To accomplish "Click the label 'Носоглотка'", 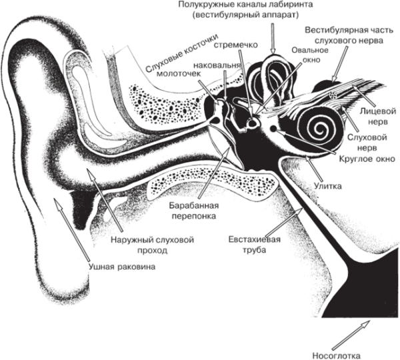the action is point(337,355).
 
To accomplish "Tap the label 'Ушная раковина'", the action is point(122,267).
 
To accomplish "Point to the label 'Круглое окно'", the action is point(367,159).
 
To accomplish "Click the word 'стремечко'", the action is point(235,45).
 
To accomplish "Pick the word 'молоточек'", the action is point(179,73).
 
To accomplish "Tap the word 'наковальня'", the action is point(217,65).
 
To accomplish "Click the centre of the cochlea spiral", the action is point(319,129).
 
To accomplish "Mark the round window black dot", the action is point(274,129).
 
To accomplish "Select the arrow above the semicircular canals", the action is point(273,39).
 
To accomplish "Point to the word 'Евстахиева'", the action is point(255,239).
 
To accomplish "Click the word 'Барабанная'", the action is point(194,205).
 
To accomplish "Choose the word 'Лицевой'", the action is point(378,111).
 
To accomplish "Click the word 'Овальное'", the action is point(310,50).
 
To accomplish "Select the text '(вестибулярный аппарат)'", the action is point(245,15).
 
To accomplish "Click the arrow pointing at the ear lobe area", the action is point(71,229).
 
